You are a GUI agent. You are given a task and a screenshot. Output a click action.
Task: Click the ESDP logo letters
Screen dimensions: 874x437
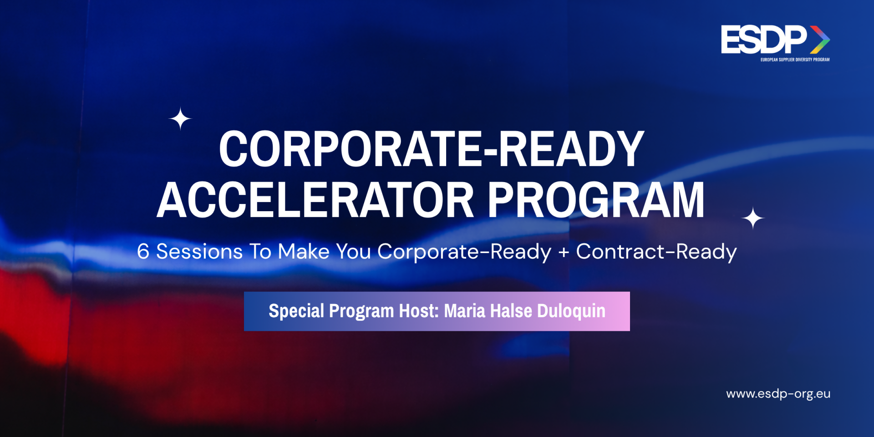coord(764,39)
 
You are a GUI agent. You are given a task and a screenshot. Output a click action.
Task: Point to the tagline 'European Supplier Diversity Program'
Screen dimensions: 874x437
coord(795,60)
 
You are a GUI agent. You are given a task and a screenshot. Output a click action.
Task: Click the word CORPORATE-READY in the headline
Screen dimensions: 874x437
coord(432,149)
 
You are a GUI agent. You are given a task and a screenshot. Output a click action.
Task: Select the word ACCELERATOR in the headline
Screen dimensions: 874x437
coord(316,200)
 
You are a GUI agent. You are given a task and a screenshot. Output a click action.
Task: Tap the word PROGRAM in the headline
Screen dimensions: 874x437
coord(596,200)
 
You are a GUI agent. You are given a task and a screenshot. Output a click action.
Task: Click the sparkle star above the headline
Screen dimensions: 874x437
coord(180,119)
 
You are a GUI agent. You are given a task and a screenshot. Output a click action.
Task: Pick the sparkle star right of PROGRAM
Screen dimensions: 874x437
coord(753,218)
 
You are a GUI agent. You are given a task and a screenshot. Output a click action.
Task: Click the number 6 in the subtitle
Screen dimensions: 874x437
coord(143,251)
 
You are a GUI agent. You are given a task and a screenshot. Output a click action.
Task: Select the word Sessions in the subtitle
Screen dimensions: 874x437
coord(199,251)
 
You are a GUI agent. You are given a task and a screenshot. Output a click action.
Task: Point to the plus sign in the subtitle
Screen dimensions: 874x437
coord(564,252)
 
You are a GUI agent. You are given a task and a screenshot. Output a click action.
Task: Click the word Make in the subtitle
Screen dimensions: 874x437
coord(304,251)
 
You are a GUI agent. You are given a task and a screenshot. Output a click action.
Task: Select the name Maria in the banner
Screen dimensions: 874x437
coord(465,311)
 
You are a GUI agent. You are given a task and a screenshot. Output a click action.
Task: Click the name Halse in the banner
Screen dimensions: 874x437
coord(511,311)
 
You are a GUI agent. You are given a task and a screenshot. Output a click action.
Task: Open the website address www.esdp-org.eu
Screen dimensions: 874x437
coord(778,394)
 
